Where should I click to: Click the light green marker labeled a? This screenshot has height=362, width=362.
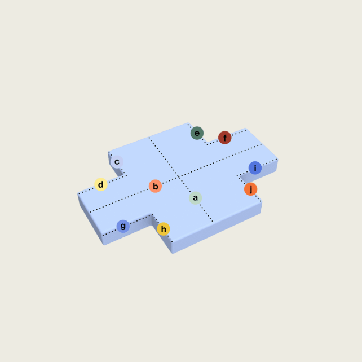(x=195, y=198)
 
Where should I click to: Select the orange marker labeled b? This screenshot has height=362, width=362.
(x=155, y=186)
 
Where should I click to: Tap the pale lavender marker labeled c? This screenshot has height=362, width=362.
(x=117, y=162)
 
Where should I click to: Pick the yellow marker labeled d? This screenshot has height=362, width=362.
(x=100, y=184)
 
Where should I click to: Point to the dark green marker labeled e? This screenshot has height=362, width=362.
(x=197, y=133)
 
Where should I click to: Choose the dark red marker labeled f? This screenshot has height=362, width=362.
(x=224, y=138)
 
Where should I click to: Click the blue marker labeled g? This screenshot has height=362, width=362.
(x=123, y=226)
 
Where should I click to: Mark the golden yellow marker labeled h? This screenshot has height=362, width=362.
(x=163, y=229)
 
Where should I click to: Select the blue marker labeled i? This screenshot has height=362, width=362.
(x=255, y=167)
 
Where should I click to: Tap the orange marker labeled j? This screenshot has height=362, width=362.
(x=250, y=189)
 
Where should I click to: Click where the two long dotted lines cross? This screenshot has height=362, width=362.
(x=179, y=177)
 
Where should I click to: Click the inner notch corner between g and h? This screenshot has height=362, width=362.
(x=151, y=214)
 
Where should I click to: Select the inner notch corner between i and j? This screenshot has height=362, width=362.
(x=237, y=176)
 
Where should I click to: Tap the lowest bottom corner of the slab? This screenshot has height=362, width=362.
(x=173, y=253)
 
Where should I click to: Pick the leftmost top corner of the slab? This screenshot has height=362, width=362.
(x=78, y=194)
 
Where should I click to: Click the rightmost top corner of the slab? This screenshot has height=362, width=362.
(x=277, y=160)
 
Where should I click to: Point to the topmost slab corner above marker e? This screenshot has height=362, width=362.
(x=188, y=122)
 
